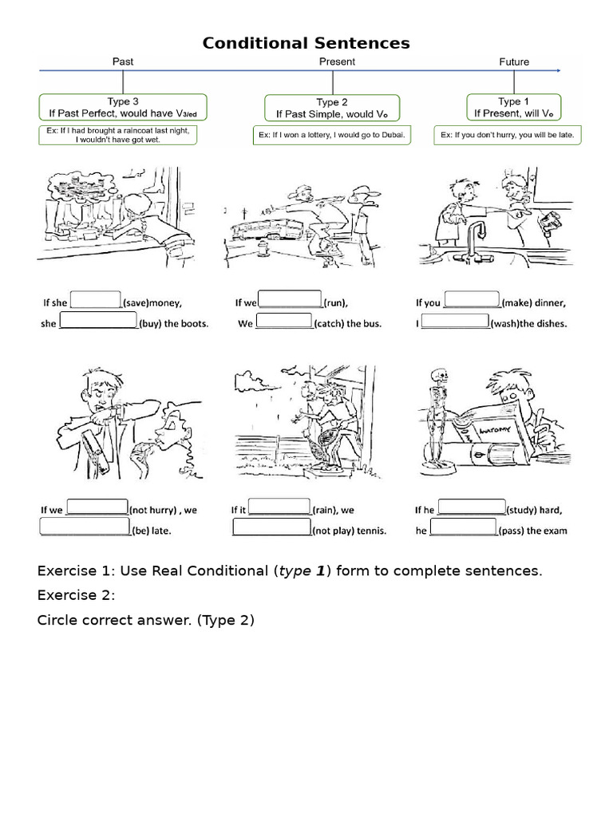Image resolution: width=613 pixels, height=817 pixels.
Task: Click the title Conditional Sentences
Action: pyautogui.click(x=306, y=43)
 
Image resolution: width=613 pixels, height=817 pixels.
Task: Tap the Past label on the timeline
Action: pyautogui.click(x=122, y=61)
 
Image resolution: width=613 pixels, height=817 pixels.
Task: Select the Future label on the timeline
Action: pyautogui.click(x=513, y=61)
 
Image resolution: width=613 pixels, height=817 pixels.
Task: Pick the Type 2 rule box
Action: pyautogui.click(x=332, y=108)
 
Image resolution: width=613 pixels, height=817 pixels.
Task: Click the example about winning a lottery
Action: pyautogui.click(x=332, y=136)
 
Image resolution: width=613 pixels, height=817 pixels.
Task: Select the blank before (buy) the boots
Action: pyautogui.click(x=98, y=322)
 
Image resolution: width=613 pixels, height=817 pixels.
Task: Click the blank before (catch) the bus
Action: pyautogui.click(x=283, y=322)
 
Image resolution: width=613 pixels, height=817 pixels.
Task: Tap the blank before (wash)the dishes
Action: pyautogui.click(x=454, y=322)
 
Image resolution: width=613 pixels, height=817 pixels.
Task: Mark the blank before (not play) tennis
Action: pyautogui.click(x=271, y=527)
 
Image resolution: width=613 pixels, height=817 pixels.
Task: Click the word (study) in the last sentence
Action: pyautogui.click(x=522, y=510)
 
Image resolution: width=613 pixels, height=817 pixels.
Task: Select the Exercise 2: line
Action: pyautogui.click(x=77, y=595)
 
